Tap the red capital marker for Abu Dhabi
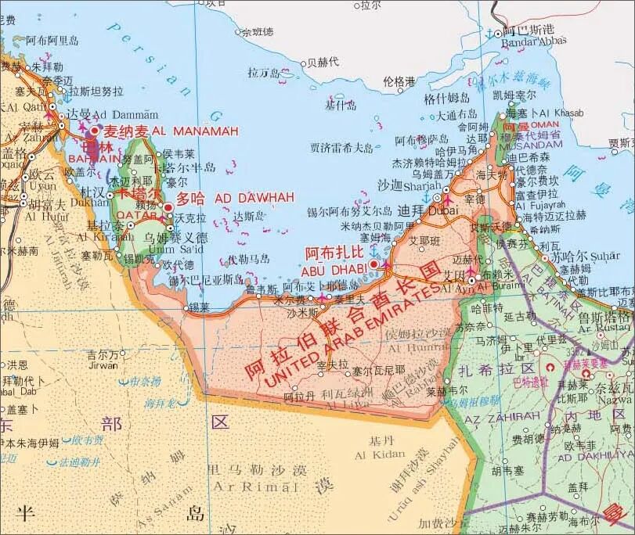click(x=373, y=264)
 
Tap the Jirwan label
click(x=103, y=364)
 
